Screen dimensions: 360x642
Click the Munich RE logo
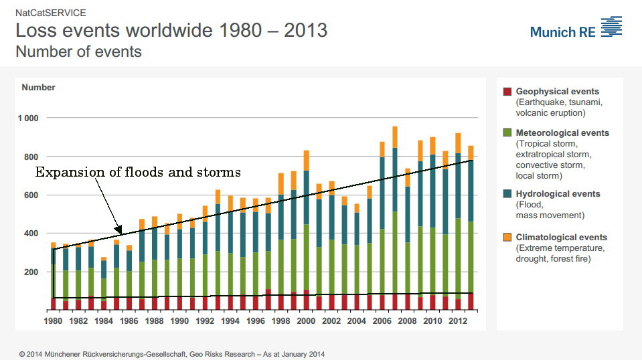(x=576, y=29)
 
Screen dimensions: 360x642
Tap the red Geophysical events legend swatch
(x=507, y=92)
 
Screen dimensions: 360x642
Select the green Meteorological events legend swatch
(x=507, y=133)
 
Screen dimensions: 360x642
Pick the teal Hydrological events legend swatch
(x=507, y=194)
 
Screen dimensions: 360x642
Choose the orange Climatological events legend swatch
(x=507, y=238)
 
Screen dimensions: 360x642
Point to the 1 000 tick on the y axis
(x=29, y=118)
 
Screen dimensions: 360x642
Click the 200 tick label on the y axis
(x=31, y=272)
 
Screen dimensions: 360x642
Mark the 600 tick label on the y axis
(x=31, y=195)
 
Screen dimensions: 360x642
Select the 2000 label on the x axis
(x=306, y=321)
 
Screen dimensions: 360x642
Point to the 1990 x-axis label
(x=179, y=321)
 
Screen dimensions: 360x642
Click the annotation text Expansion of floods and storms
(x=138, y=173)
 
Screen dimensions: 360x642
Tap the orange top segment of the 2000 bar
(x=306, y=161)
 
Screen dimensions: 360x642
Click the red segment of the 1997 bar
(x=268, y=300)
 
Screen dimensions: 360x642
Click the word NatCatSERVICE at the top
(x=50, y=13)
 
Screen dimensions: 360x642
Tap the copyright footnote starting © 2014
(x=172, y=354)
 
